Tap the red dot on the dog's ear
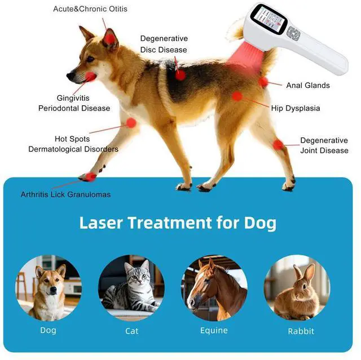click(x=109, y=38)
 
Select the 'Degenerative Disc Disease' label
click(x=164, y=44)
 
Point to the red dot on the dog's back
click(x=180, y=74)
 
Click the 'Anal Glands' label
click(x=307, y=86)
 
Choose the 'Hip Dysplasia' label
click(x=295, y=108)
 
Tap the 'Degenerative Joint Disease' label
click(x=324, y=145)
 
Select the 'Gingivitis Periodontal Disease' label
click(x=74, y=103)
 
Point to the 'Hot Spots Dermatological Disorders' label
click(x=73, y=144)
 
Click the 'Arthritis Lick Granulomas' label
click(x=65, y=194)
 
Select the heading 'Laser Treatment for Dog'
click(x=178, y=223)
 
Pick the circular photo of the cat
click(x=131, y=288)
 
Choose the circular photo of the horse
click(x=214, y=288)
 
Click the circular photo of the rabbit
click(x=297, y=288)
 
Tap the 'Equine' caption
click(x=214, y=331)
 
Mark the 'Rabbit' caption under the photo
click(x=301, y=331)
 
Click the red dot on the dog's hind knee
click(x=278, y=145)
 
